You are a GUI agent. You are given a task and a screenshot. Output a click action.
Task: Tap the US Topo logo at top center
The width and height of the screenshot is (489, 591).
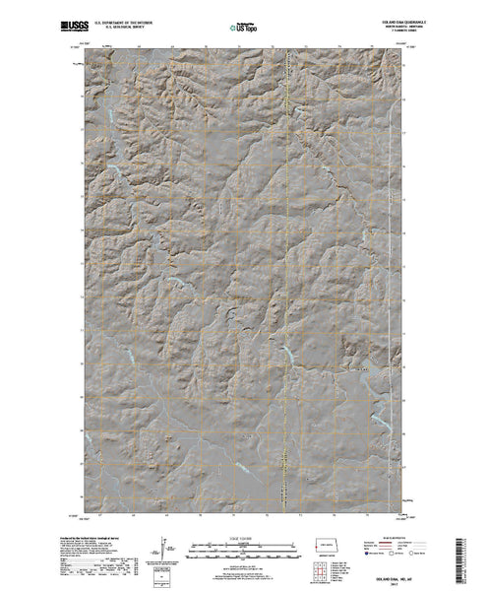pos(244,22)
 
